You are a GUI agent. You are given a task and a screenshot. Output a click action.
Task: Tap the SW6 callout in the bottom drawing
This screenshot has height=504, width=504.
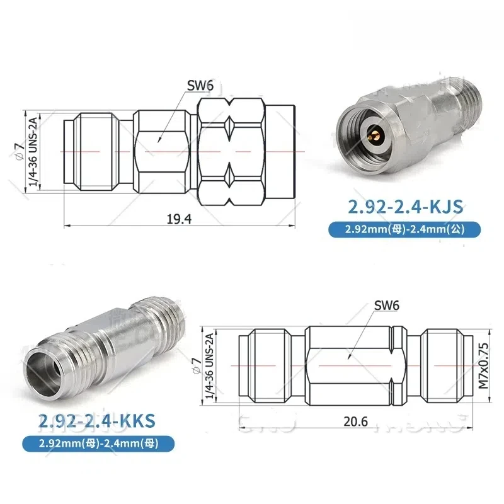[x=387, y=306]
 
